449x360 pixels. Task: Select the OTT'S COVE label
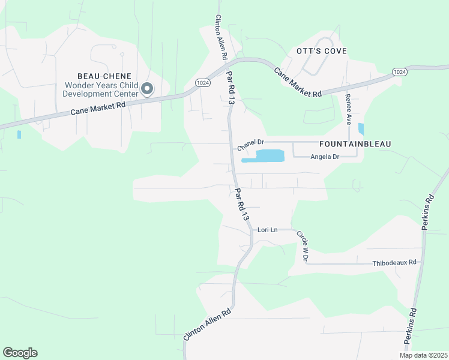[x=322, y=51]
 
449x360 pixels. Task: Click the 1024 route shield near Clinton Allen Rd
[x=202, y=83]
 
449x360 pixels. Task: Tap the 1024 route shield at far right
[x=400, y=71]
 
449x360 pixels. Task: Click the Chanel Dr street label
[x=251, y=144]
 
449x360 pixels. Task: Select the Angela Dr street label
[x=325, y=157]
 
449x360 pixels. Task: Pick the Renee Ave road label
[x=348, y=109]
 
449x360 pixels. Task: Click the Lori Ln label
[x=268, y=230]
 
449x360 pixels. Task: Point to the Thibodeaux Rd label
[x=394, y=263]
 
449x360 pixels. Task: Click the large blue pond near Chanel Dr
[x=270, y=155]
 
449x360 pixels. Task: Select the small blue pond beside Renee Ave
[x=361, y=128]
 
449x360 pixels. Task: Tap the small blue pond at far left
[x=19, y=134]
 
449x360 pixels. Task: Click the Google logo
[x=20, y=353]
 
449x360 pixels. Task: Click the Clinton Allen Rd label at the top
[x=221, y=37]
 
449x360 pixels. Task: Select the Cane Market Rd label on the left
[x=98, y=108]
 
